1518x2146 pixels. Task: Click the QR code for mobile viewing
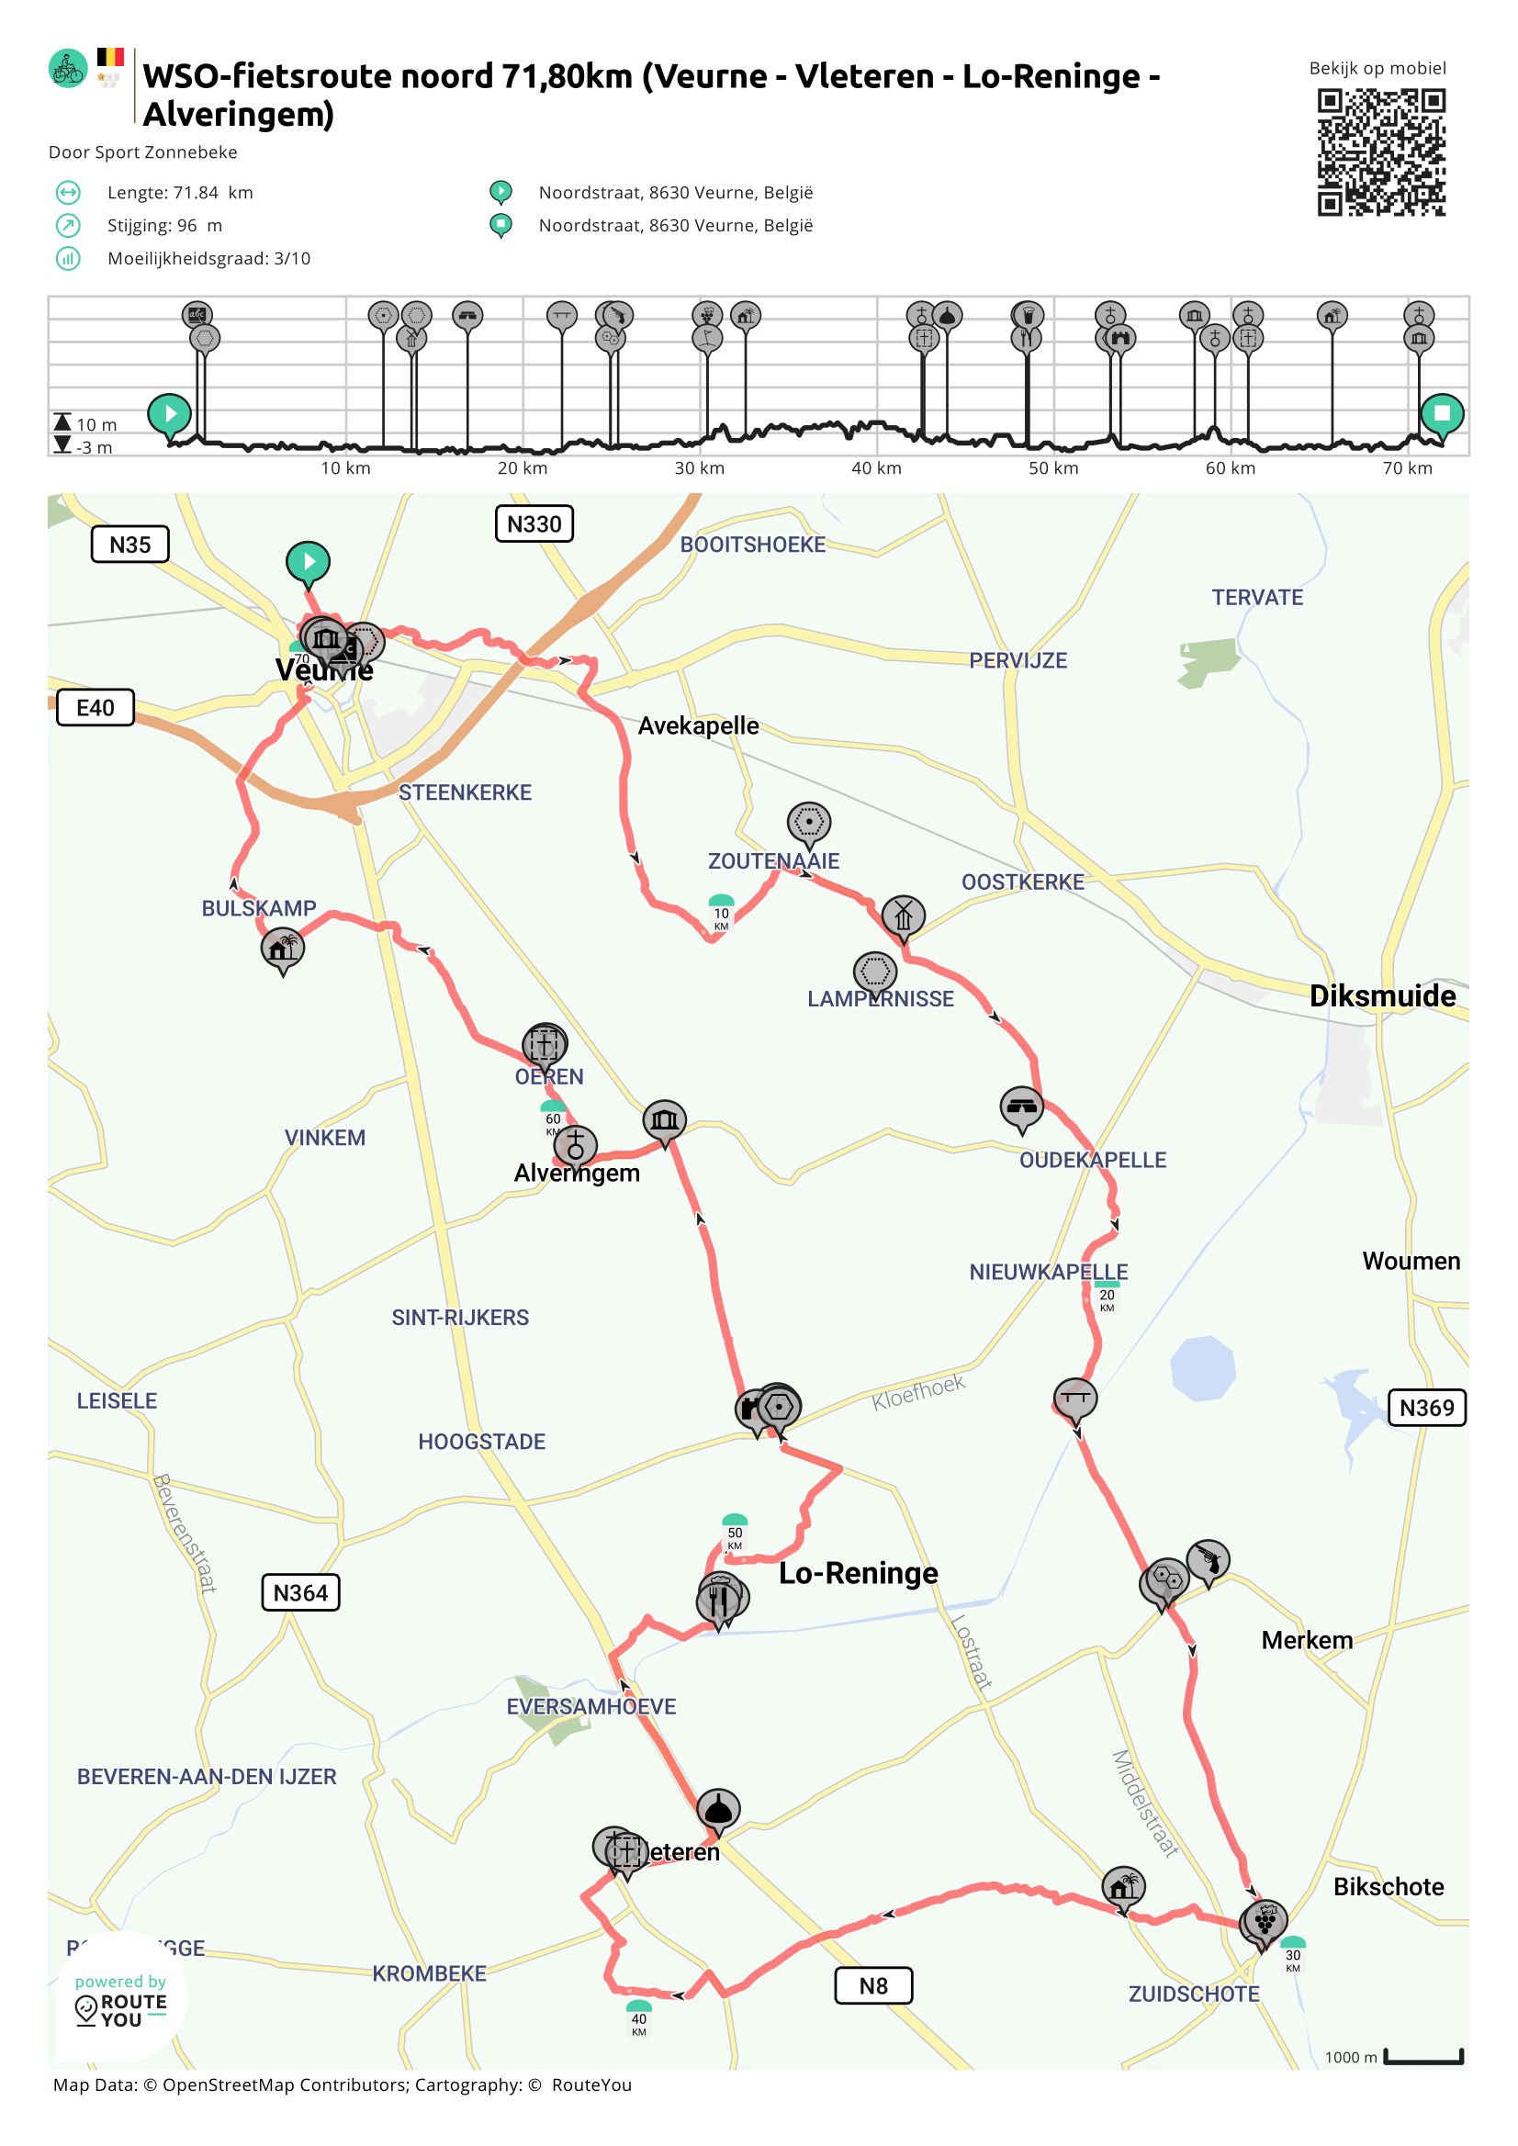(x=1380, y=152)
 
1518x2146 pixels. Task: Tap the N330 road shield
(x=534, y=524)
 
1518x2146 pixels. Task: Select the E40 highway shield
(x=96, y=708)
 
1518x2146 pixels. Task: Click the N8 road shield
(x=873, y=1985)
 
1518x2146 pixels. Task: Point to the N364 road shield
(x=300, y=1592)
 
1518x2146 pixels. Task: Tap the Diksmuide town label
(x=1381, y=995)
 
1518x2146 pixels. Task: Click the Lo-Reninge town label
(x=858, y=1573)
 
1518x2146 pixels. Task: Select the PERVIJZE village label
(x=1017, y=661)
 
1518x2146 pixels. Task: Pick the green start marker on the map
(x=308, y=561)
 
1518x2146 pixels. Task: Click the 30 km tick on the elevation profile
(x=699, y=468)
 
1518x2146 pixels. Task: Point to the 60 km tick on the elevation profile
(x=1231, y=468)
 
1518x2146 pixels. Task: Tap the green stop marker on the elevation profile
(x=1442, y=413)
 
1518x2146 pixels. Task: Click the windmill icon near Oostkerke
(x=902, y=916)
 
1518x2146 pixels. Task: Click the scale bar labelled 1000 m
(x=1422, y=2057)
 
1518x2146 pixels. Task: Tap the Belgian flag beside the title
(x=110, y=57)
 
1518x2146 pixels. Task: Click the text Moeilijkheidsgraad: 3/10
(x=208, y=259)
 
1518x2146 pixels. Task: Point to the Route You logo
(x=120, y=2002)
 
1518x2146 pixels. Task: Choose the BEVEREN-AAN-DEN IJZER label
(x=207, y=1777)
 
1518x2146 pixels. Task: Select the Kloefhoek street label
(x=918, y=1392)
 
